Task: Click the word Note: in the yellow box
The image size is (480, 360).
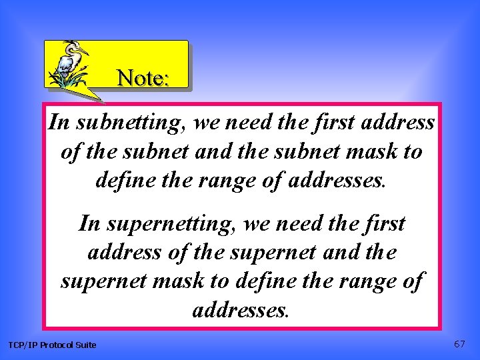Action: [143, 78]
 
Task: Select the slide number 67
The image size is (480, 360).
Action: [459, 344]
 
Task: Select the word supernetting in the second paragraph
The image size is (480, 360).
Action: [157, 223]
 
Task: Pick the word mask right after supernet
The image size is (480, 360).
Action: [179, 281]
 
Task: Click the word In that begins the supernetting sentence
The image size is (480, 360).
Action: [89, 223]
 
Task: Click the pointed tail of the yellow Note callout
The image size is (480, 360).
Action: [100, 101]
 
